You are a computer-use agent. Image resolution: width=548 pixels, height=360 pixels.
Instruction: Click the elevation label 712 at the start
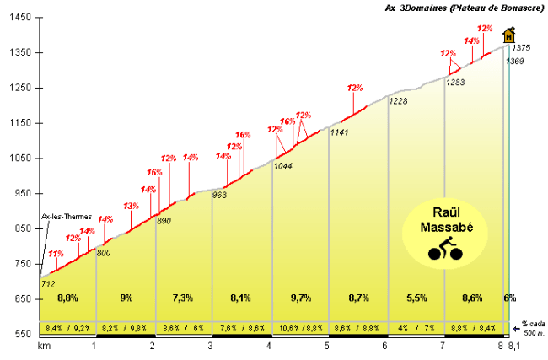click(x=47, y=283)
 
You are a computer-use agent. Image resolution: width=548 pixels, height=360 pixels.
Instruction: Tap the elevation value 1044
click(x=283, y=166)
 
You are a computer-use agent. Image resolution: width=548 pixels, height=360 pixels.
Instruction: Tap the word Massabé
click(x=443, y=228)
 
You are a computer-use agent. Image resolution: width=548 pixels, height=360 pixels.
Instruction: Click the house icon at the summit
click(x=508, y=35)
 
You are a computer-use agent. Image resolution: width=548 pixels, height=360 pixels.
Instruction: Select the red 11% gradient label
click(x=56, y=254)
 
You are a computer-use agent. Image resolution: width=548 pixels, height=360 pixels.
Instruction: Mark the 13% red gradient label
click(x=131, y=206)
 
